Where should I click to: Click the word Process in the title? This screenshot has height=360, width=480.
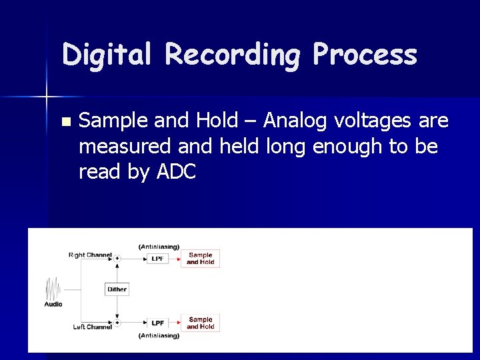[365, 55]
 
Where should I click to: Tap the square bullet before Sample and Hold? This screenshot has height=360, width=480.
[65, 121]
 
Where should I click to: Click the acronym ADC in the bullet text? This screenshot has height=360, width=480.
[176, 172]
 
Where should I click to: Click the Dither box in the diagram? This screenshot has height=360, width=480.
[117, 289]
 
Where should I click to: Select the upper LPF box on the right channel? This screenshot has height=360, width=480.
[157, 259]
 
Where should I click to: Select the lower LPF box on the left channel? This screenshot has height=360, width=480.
[157, 323]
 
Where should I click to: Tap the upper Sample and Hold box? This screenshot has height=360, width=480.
[200, 259]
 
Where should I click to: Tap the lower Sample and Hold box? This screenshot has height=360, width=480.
[200, 323]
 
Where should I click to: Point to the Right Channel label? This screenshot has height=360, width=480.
[89, 255]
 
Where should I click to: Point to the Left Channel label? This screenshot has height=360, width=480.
[92, 327]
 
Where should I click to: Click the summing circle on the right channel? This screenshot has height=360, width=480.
[117, 259]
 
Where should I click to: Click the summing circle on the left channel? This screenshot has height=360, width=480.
[117, 323]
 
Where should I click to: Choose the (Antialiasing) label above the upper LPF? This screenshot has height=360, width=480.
[159, 247]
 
